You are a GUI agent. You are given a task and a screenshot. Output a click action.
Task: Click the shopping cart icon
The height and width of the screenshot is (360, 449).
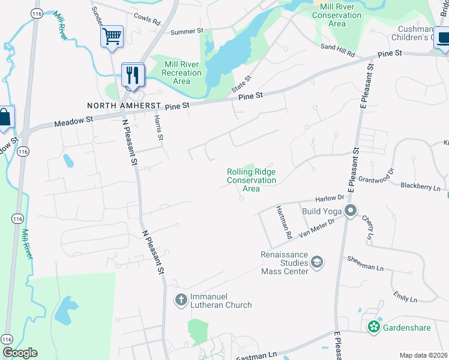click(112, 37)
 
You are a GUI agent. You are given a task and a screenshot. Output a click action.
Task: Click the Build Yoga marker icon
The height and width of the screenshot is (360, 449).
click(351, 211)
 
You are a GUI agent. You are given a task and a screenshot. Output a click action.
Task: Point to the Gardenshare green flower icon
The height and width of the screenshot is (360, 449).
click(374, 327)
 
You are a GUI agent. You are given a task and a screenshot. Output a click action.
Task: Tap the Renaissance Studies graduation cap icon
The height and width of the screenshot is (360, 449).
click(317, 262)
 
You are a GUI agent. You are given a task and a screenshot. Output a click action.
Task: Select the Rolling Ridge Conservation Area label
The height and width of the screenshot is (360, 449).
click(252, 180)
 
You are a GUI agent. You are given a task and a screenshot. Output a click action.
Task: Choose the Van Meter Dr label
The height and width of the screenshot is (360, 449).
click(319, 226)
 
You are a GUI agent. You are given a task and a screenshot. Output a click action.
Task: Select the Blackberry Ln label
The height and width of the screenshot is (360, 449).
click(420, 186)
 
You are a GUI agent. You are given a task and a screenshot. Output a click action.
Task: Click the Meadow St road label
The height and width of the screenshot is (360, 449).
click(74, 121)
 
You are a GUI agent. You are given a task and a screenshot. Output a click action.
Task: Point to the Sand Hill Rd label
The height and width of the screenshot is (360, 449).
click(338, 50)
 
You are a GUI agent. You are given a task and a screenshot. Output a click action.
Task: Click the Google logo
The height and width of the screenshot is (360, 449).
click(20, 352)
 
